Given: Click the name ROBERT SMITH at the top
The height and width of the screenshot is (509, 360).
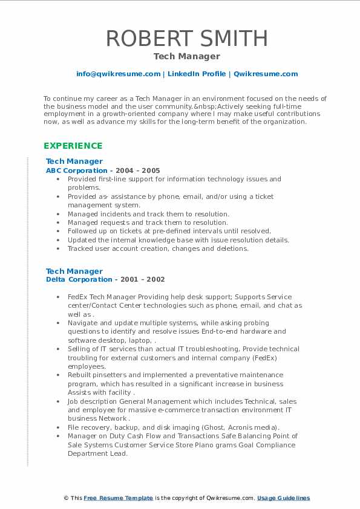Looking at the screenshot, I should tap(186, 39).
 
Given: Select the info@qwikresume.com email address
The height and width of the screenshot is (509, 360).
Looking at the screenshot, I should tap(118, 74).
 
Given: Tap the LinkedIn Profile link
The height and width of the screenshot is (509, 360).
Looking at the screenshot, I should tap(196, 74).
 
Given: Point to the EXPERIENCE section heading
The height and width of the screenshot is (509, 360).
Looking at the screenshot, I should tap(73, 146).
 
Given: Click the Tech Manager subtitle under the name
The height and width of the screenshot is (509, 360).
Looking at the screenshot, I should tap(186, 56).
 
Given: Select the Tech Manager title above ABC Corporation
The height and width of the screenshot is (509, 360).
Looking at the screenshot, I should tap(74, 161).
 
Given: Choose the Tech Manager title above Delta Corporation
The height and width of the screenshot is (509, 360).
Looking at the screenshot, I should tap(74, 271).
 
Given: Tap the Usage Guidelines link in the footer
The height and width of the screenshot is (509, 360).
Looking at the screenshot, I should tap(283, 498).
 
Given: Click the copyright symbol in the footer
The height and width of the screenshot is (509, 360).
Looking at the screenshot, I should tap(66, 498).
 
